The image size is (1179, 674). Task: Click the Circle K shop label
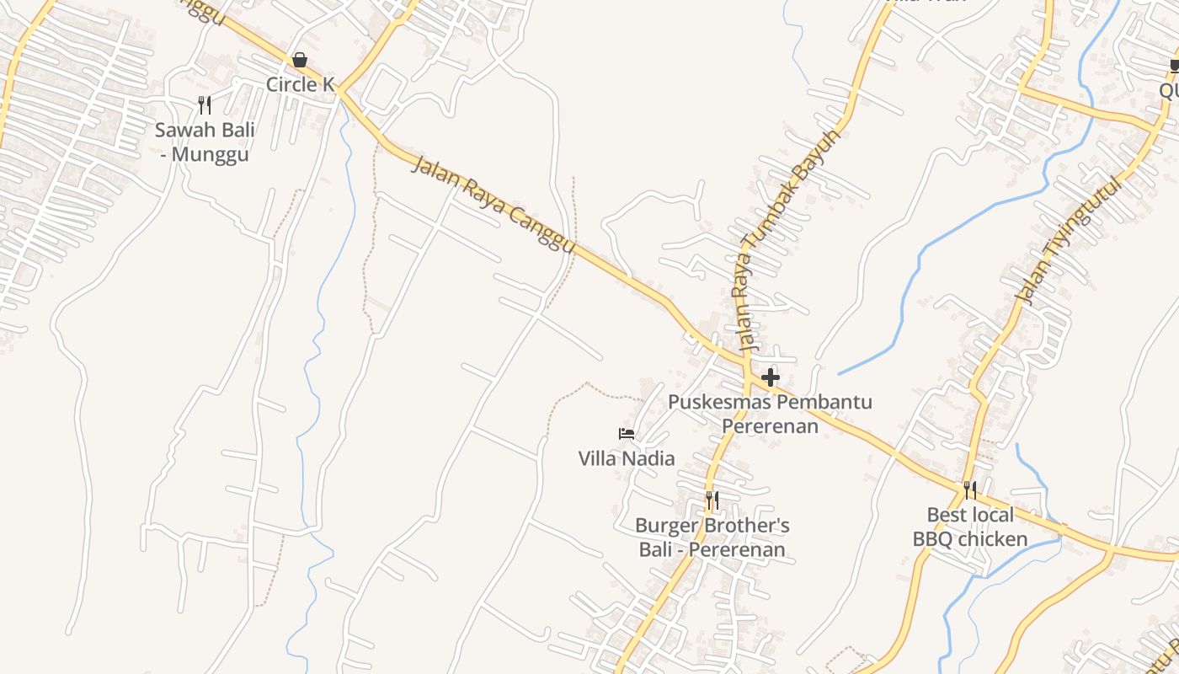pyautogui.click(x=300, y=84)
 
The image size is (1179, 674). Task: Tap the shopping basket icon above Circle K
pyautogui.click(x=299, y=60)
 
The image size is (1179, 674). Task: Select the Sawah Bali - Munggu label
pyautogui.click(x=205, y=142)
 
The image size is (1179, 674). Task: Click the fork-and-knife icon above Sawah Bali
pyautogui.click(x=204, y=104)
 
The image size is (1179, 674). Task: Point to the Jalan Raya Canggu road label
pyautogui.click(x=493, y=203)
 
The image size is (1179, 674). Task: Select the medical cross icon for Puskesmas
pyautogui.click(x=770, y=377)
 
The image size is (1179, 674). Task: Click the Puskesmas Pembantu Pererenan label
pyautogui.click(x=770, y=414)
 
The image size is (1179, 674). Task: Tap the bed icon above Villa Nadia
pyautogui.click(x=627, y=434)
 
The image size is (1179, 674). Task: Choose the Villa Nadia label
pyautogui.click(x=627, y=458)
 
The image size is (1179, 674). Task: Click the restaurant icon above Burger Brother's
pyautogui.click(x=712, y=500)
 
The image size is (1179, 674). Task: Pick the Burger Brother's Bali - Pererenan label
pyautogui.click(x=712, y=538)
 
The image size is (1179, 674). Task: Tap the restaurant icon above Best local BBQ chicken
pyautogui.click(x=970, y=489)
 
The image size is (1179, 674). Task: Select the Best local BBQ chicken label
pyautogui.click(x=970, y=527)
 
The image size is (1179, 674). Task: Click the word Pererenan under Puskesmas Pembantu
pyautogui.click(x=770, y=425)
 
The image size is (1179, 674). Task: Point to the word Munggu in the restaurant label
pyautogui.click(x=211, y=155)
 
